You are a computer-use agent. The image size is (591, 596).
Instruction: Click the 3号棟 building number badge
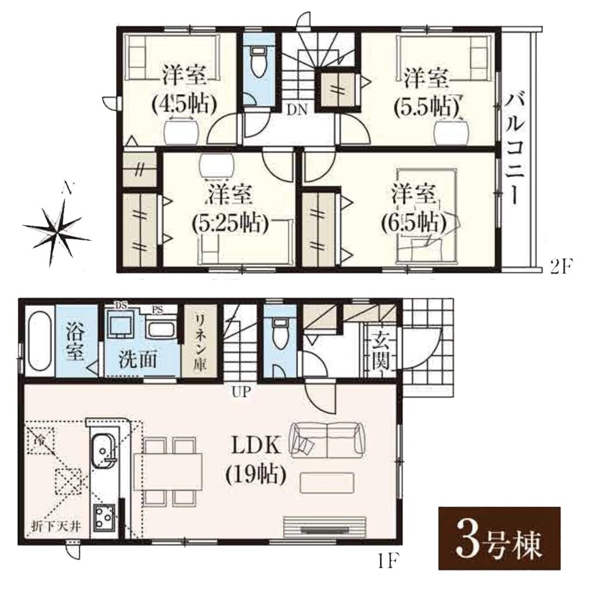click(x=499, y=538)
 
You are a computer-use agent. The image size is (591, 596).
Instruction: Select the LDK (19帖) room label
click(x=256, y=460)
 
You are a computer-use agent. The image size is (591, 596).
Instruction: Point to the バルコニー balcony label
click(x=516, y=150)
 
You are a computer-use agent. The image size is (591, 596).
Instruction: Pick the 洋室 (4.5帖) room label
click(x=184, y=90)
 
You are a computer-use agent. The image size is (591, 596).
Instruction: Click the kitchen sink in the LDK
click(x=103, y=451)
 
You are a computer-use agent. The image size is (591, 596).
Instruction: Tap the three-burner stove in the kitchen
click(x=104, y=517)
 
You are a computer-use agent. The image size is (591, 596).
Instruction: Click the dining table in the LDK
click(x=168, y=471)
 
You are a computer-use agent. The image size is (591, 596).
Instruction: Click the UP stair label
click(x=241, y=392)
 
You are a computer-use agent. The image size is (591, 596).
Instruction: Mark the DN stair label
click(x=297, y=110)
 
